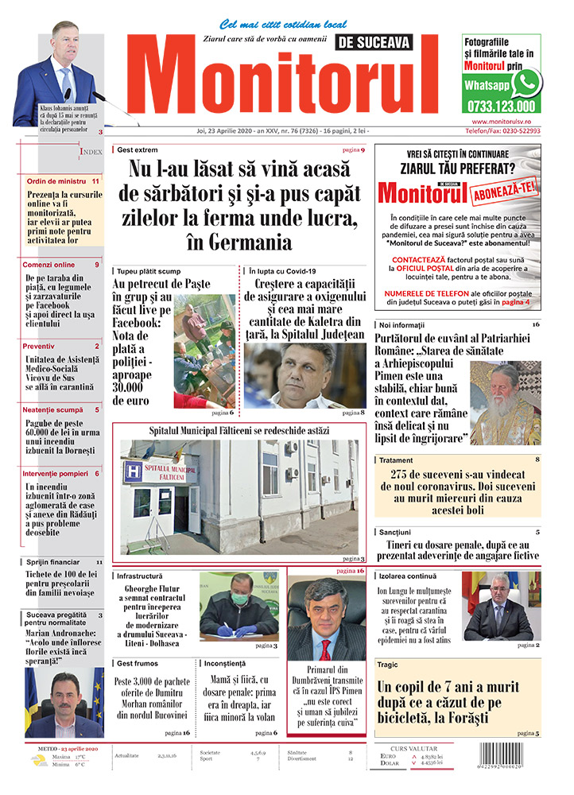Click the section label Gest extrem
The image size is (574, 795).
point(137,149)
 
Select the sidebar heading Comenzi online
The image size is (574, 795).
point(48,265)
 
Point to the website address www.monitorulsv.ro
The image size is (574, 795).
point(501,121)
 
